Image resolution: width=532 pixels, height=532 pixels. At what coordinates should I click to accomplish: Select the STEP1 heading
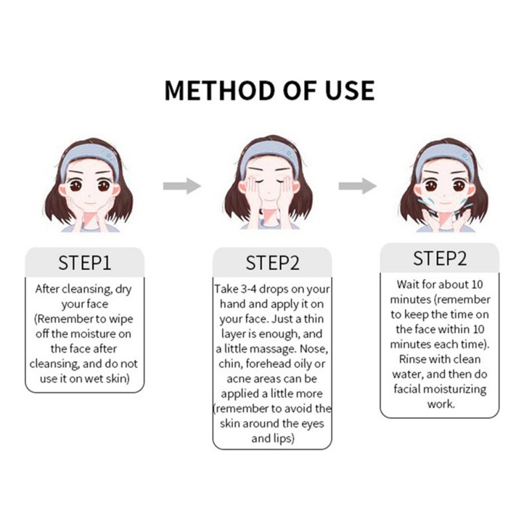pos(85,263)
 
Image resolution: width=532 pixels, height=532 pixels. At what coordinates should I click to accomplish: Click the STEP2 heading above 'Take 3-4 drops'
pos(273,263)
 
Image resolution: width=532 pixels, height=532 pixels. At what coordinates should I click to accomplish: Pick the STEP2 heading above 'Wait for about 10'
pos(440,258)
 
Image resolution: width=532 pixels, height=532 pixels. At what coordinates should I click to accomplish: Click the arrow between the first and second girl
pos(182,186)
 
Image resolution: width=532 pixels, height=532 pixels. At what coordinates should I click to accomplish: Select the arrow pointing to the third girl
pos(358,186)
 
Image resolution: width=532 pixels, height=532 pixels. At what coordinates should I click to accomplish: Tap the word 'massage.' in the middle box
pos(274,350)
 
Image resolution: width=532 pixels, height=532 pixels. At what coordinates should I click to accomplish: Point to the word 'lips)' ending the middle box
pos(284,439)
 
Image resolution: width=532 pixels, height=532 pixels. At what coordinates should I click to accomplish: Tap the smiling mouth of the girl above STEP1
pos(89,203)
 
